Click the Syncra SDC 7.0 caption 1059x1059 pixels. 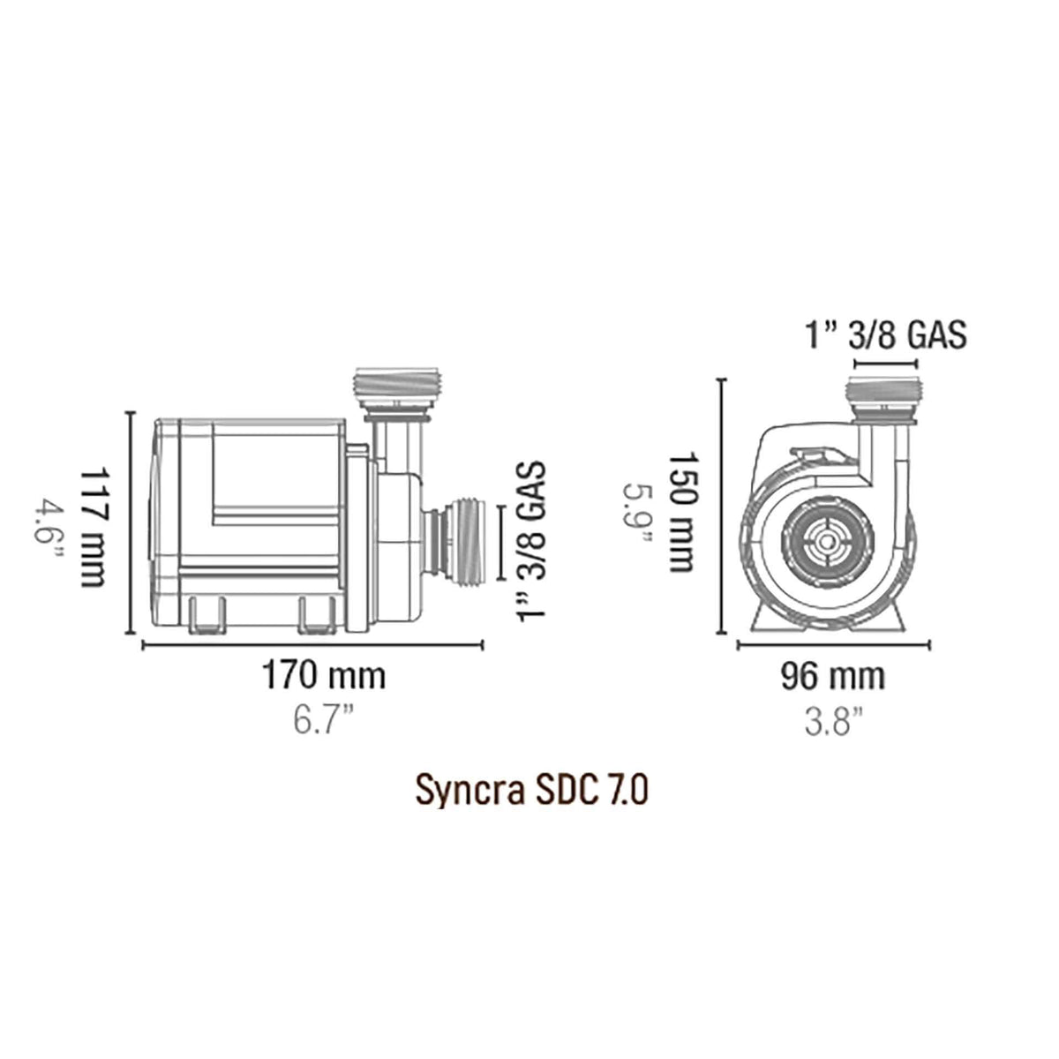point(532,791)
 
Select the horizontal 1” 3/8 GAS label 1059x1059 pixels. point(885,335)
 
